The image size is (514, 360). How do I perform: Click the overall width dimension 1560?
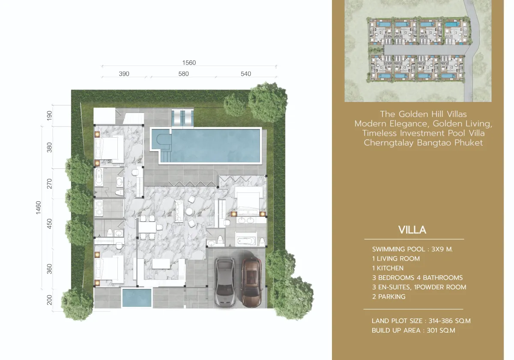[188, 63]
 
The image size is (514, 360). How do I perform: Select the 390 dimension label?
[124, 74]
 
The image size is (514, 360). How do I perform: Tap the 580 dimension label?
[183, 74]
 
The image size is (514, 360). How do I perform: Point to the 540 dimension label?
[245, 74]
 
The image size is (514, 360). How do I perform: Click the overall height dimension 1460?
[39, 207]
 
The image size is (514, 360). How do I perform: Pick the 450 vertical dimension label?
[49, 223]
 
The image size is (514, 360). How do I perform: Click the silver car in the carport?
[224, 281]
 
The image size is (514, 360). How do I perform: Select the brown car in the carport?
[252, 281]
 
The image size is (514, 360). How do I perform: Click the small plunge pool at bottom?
[137, 298]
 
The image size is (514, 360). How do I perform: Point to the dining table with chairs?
[147, 228]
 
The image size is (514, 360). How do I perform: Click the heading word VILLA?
[412, 230]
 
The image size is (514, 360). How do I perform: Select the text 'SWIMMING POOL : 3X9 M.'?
[412, 249]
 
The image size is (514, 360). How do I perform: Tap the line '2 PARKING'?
[388, 297]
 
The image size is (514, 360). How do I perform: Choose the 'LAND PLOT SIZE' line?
[421, 321]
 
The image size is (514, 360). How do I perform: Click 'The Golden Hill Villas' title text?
[423, 114]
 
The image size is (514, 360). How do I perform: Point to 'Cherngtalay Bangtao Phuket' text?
[423, 143]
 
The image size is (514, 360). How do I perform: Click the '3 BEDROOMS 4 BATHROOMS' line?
[417, 278]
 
